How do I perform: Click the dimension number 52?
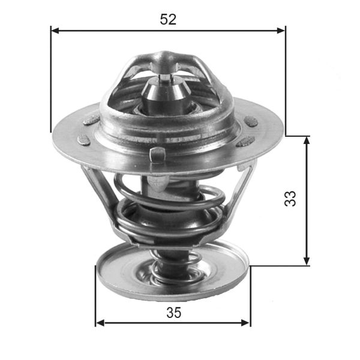coord(168,19)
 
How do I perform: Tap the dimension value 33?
coord(290,199)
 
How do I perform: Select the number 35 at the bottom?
coord(173,313)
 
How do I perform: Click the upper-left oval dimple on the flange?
coord(91,119)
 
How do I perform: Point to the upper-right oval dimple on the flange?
coord(251,122)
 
